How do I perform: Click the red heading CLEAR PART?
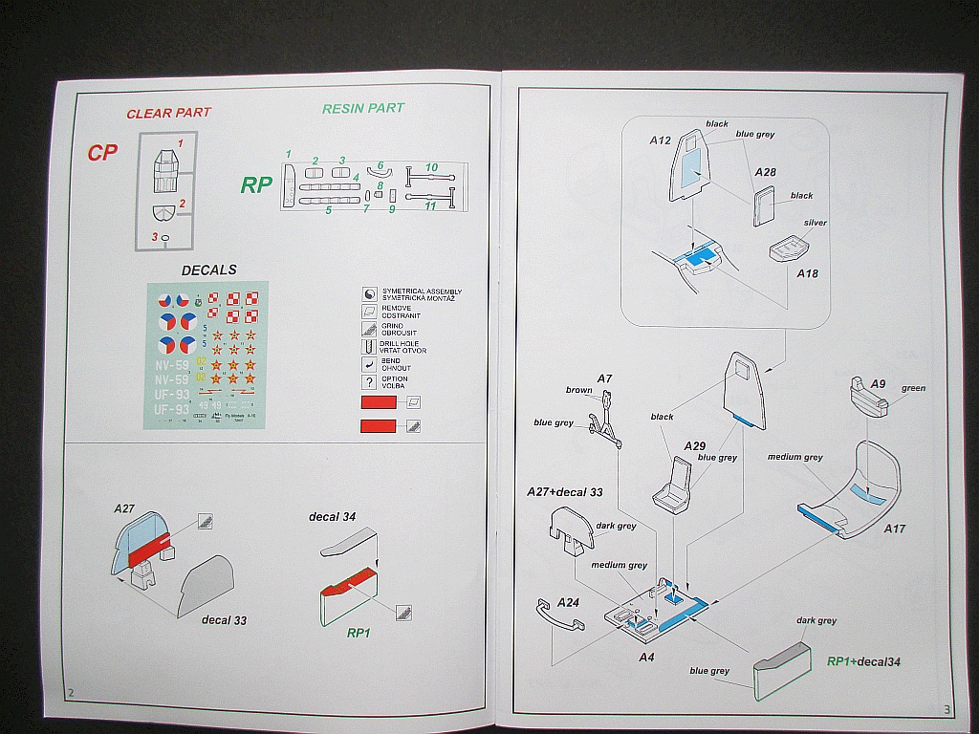168,113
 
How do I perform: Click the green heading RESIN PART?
362,108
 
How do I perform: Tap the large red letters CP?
102,153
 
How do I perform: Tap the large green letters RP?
256,184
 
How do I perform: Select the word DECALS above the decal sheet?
208,270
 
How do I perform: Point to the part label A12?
661,140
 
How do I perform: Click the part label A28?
765,172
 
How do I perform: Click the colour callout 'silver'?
815,223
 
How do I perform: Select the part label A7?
604,379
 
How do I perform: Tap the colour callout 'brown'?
578,390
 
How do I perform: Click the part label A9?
879,383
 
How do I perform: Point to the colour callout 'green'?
913,389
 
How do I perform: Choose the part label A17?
894,528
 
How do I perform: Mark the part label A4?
646,658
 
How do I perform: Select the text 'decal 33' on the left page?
224,620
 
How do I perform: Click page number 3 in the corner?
946,709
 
